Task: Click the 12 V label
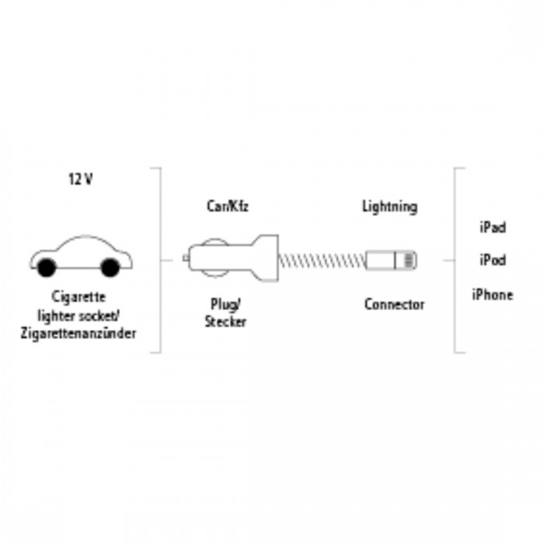[x=81, y=180]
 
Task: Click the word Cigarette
[x=78, y=297]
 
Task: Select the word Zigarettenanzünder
[x=78, y=333]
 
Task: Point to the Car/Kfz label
[x=228, y=206]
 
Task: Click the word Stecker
[x=225, y=322]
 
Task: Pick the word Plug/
[x=226, y=305]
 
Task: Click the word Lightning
[x=390, y=207]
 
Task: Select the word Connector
[x=395, y=305]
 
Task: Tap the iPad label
[x=493, y=228]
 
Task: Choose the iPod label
[x=493, y=260]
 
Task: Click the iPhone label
[x=493, y=295]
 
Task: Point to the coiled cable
[x=322, y=260]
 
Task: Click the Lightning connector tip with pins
[x=406, y=260]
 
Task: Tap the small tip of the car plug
[x=186, y=258]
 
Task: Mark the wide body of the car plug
[x=233, y=259]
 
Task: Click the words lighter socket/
[x=78, y=316]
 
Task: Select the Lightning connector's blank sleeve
[x=381, y=260]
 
